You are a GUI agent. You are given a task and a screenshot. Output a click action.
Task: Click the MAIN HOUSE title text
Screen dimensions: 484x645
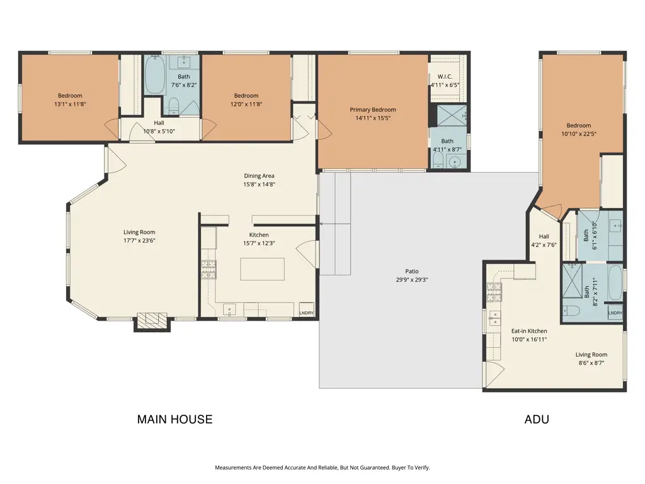(x=174, y=419)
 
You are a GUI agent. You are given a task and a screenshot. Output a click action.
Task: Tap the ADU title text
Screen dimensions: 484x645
(x=537, y=419)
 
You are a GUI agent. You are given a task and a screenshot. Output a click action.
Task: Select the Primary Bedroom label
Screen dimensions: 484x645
(x=373, y=110)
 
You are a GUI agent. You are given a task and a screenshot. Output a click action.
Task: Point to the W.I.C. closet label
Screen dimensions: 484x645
(x=445, y=76)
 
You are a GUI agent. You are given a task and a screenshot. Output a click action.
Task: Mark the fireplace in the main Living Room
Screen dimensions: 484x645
(x=152, y=321)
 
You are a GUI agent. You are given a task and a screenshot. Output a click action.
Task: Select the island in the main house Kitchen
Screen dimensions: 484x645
(x=261, y=269)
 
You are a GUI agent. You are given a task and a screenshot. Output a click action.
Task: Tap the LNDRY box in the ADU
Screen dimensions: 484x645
(x=615, y=313)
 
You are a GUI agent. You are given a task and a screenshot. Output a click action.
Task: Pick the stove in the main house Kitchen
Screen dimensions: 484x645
(x=208, y=270)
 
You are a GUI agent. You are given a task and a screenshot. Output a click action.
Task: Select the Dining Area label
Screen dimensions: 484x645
(x=259, y=176)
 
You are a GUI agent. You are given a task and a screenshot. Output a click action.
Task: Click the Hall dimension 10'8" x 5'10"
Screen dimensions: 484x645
(x=159, y=131)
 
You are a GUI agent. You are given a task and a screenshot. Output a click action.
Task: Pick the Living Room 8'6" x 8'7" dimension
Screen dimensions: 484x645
(x=591, y=363)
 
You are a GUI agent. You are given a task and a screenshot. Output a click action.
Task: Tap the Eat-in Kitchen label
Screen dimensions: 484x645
(x=528, y=331)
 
